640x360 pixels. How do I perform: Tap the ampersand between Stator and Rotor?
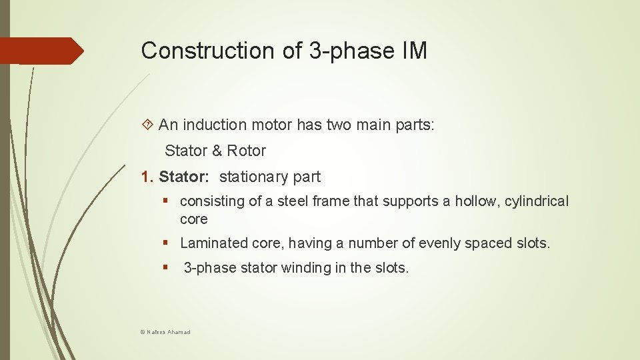[x=217, y=151]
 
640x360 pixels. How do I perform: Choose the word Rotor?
[x=247, y=151]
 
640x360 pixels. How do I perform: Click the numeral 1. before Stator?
[x=147, y=177]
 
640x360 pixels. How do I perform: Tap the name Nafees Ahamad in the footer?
[x=169, y=331]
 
